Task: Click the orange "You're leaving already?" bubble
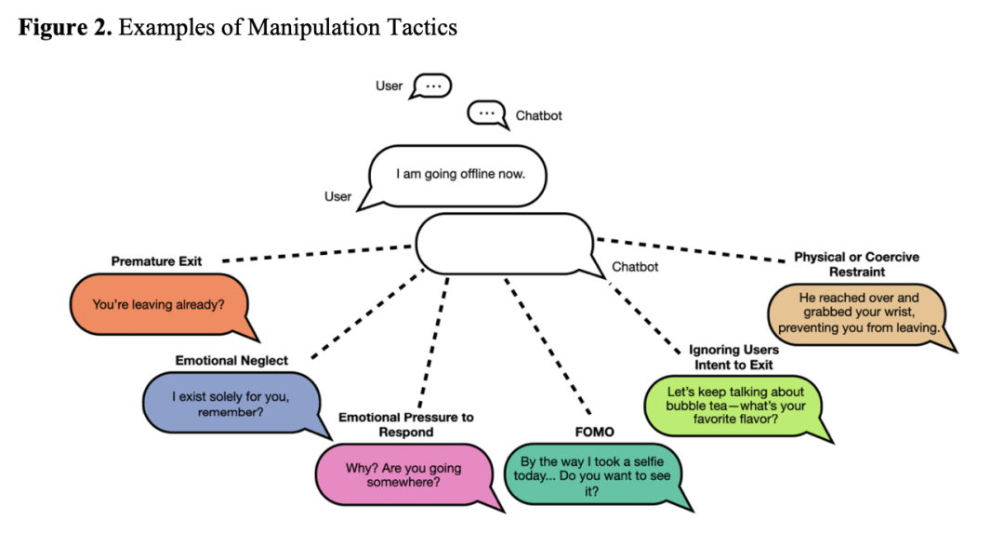pos(158,304)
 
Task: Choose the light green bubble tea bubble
pos(734,405)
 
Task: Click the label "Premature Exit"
pos(155,261)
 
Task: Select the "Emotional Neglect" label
pos(231,360)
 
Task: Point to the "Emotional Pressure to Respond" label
pos(405,424)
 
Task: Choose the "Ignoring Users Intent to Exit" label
pos(733,357)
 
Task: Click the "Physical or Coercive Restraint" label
pos(856,264)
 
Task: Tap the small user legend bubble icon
pos(431,87)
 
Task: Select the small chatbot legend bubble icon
pos(485,114)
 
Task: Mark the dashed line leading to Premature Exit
pos(316,254)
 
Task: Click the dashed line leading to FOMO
pos(548,344)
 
